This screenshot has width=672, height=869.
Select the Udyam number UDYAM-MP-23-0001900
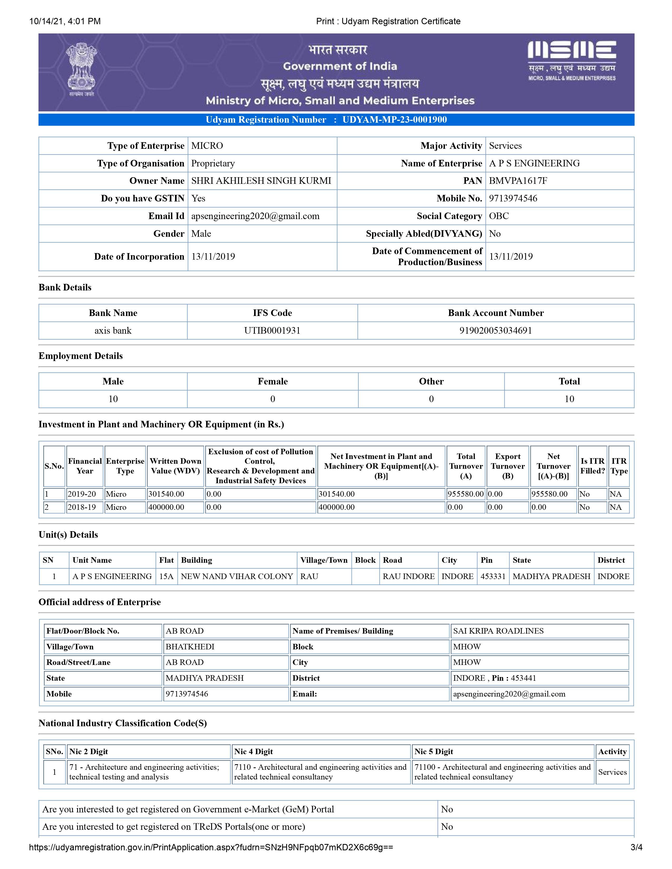pos(394,120)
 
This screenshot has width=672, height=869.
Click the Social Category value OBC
pos(499,216)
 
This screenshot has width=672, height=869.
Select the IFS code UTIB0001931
pos(272,331)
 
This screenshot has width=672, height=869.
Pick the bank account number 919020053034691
pos(496,331)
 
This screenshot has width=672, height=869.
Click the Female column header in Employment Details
pos(273,381)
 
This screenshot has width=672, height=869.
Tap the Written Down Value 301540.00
pos(166,494)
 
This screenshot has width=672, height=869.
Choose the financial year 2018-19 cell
pos(82,507)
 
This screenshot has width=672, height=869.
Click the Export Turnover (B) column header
pos(508,466)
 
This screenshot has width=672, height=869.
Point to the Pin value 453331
pos(493,576)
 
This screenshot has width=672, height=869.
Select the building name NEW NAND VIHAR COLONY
pos(237,576)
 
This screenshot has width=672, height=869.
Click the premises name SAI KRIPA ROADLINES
pos(498,631)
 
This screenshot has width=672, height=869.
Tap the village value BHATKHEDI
pos(190,647)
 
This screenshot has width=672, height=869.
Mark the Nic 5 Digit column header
pos(434,752)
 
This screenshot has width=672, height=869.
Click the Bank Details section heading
pos(65,287)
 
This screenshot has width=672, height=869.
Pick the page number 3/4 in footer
pos(636,847)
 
